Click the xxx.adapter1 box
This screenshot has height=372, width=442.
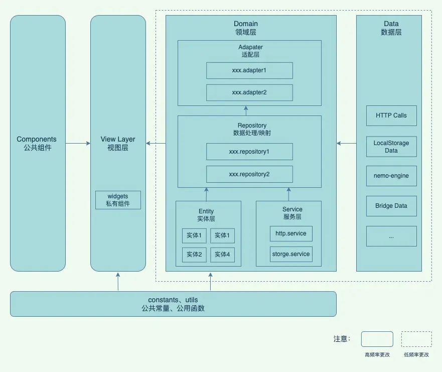coord(249,70)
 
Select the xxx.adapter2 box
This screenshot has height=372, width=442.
coord(249,92)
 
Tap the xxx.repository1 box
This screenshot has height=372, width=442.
coord(249,151)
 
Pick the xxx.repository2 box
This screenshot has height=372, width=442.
coord(249,174)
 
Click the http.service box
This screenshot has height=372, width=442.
coord(291,233)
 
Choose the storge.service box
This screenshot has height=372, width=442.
coord(291,254)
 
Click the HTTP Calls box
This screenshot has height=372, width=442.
coord(391,115)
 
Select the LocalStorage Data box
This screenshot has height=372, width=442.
coord(391,147)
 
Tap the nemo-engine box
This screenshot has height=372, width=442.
coord(391,176)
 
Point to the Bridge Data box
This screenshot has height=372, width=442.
coord(391,206)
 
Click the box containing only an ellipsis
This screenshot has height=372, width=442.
coord(391,236)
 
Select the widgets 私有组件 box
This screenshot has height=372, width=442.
coord(118,200)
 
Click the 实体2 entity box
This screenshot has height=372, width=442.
coord(194,255)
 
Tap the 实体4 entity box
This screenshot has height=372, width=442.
coord(222,255)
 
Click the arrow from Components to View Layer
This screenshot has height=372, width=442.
coord(78,144)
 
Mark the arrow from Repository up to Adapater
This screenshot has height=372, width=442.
coord(246,110)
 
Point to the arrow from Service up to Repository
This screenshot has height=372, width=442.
coord(288,193)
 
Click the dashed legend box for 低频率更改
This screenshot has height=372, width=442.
coord(416,339)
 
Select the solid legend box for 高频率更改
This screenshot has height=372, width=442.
coord(377,339)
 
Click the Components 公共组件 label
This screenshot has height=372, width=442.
coord(37,144)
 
